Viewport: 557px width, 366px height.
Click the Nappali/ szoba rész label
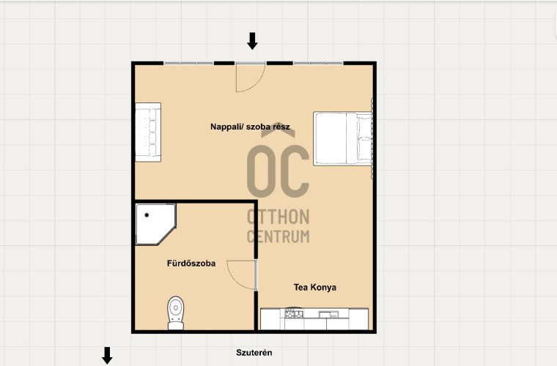250,127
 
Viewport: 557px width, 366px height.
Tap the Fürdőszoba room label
191,263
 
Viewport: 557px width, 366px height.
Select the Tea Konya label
314,287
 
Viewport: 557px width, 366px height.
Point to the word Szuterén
254,353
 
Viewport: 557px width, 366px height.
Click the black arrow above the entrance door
252,41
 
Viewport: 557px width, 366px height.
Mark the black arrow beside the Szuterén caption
107,355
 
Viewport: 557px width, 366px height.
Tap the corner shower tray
155,224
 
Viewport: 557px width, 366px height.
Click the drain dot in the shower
147,215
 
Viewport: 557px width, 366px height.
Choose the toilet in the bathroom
175,313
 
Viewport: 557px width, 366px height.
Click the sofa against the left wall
148,132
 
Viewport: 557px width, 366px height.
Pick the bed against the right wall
343,138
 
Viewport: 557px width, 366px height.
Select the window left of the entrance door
188,63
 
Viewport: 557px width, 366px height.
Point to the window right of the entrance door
318,63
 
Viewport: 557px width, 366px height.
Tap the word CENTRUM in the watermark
278,236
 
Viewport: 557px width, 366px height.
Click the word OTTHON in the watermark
278,217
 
